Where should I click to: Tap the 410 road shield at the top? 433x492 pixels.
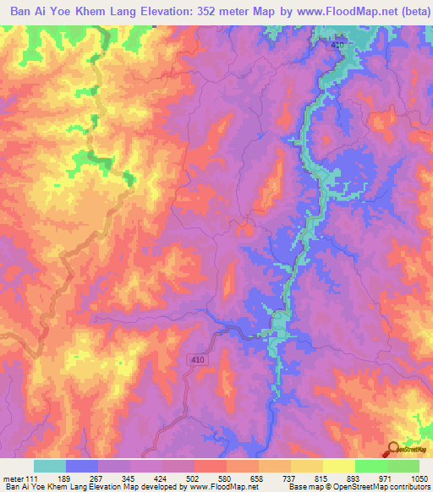[339, 43]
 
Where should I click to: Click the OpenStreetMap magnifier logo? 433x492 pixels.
[395, 449]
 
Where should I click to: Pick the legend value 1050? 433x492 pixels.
[420, 478]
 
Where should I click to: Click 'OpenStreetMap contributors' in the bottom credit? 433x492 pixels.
[391, 487]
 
